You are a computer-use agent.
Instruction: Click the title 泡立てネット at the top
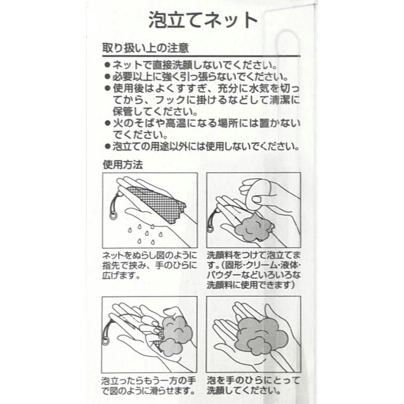point(203,20)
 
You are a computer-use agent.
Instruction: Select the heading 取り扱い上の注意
point(145,48)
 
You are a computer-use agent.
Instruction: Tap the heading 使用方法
point(123,165)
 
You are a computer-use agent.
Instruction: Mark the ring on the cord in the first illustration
point(112,215)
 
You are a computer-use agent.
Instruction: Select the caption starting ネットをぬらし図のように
point(150,266)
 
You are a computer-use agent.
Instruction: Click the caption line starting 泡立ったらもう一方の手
point(148,381)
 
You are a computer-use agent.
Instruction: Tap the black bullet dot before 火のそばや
point(107,124)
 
